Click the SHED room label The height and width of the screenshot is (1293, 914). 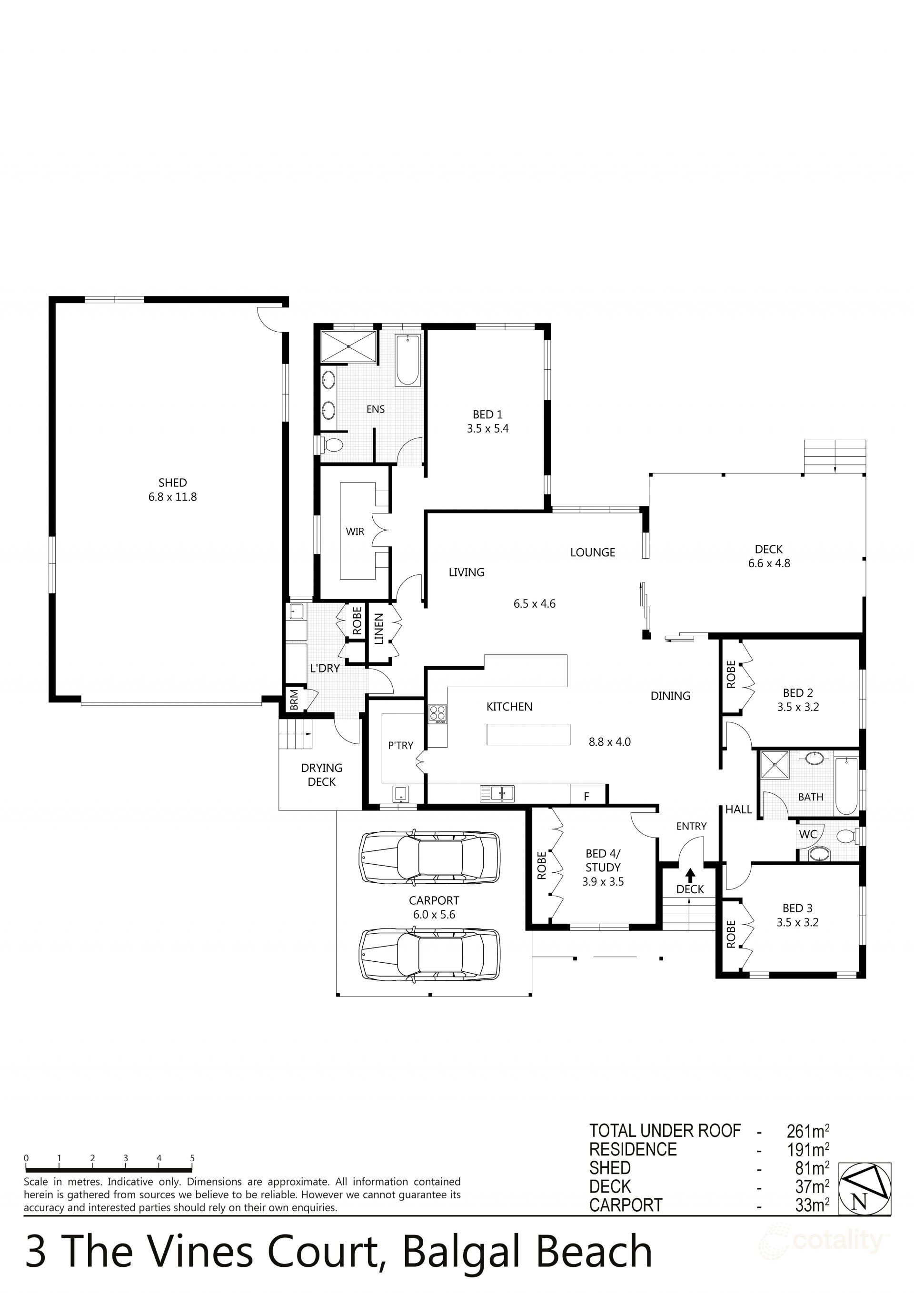pyautogui.click(x=172, y=483)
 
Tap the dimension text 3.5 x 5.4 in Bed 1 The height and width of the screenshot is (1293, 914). pyautogui.click(x=487, y=429)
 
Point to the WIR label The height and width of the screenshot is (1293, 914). pyautogui.click(x=355, y=531)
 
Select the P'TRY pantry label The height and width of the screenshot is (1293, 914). pyautogui.click(x=401, y=745)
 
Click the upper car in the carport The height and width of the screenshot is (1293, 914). pyautogui.click(x=430, y=857)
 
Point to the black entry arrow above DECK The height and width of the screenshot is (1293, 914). pyautogui.click(x=690, y=875)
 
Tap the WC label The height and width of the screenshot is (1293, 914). pyautogui.click(x=807, y=834)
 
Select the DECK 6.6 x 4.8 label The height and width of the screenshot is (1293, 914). pyautogui.click(x=769, y=556)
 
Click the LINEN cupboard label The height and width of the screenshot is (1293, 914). pyautogui.click(x=378, y=629)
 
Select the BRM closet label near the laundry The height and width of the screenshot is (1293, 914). pyautogui.click(x=294, y=700)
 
